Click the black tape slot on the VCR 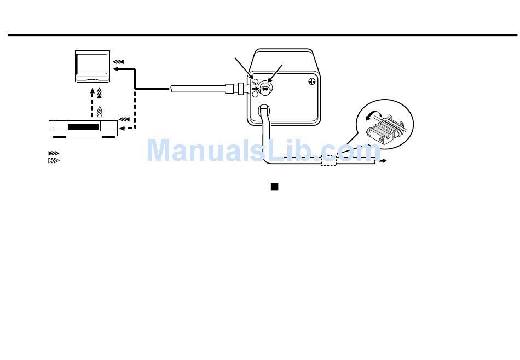[x=83, y=127]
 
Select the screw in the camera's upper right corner [x=311, y=82]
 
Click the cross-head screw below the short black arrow [x=255, y=95]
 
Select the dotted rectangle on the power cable [x=328, y=160]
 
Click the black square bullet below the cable [x=275, y=187]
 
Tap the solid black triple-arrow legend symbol [x=54, y=153]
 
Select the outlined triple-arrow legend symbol [x=54, y=161]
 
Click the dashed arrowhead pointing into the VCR [x=122, y=127]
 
